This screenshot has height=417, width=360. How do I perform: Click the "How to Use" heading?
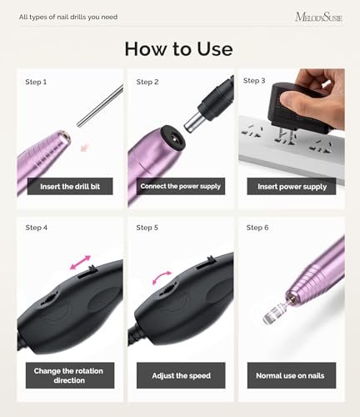click(x=178, y=48)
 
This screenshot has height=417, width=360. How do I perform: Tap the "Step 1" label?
click(x=36, y=82)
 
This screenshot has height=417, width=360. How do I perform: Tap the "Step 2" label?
click(x=147, y=82)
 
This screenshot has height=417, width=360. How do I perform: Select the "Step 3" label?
click(x=255, y=80)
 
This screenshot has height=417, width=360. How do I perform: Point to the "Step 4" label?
click(x=36, y=227)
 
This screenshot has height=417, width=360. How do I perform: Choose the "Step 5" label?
click(x=147, y=227)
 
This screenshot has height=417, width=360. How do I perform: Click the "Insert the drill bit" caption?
click(x=70, y=187)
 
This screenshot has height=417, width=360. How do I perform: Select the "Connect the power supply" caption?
click(x=181, y=186)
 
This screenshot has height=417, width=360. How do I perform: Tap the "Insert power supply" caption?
click(x=291, y=187)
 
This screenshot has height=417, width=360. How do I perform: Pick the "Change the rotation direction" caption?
click(x=70, y=374)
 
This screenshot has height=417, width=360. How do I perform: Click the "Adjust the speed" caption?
click(x=181, y=375)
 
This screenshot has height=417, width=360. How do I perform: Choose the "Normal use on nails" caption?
click(x=292, y=375)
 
